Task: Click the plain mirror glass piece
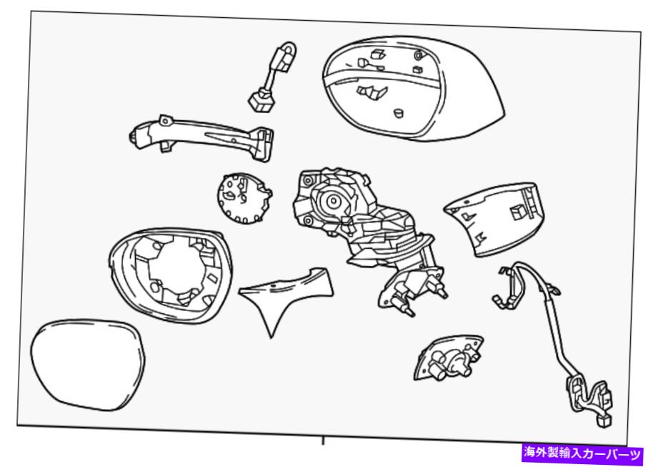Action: (87, 365)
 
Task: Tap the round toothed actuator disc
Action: (244, 198)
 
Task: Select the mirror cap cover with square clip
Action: (495, 218)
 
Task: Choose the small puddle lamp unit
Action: (448, 358)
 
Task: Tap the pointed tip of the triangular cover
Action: (271, 337)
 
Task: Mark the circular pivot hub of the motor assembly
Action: (333, 201)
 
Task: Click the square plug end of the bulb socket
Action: (261, 102)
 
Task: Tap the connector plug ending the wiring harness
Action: (603, 421)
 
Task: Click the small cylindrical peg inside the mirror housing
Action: (398, 114)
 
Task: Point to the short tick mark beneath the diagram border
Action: (323, 441)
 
